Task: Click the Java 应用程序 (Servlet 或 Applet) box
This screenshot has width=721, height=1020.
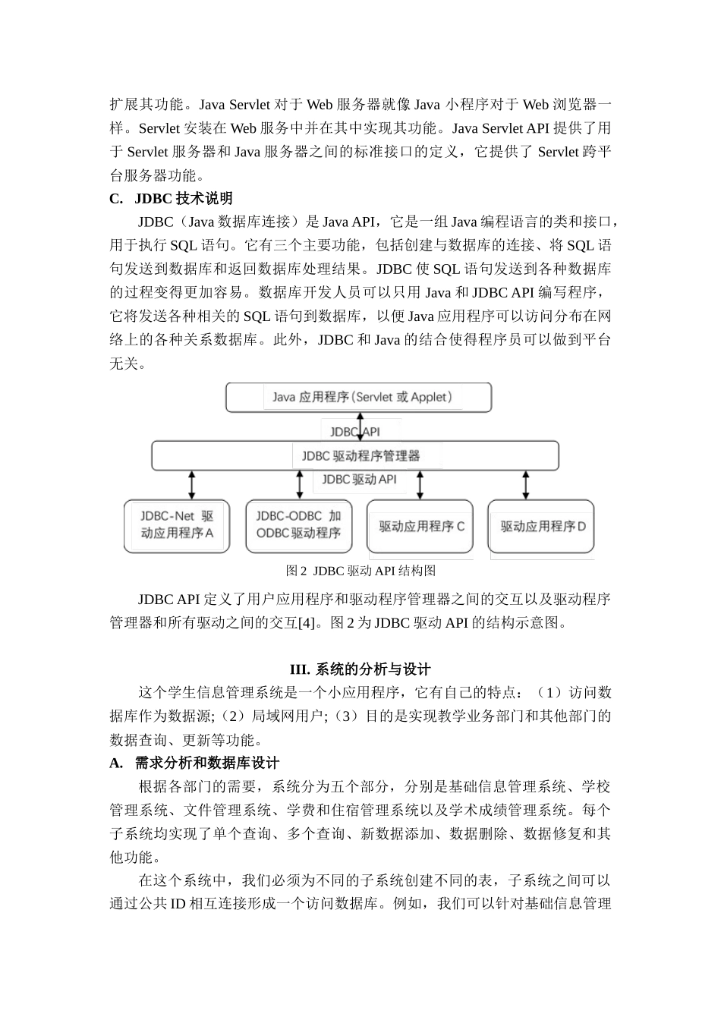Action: [x=359, y=397]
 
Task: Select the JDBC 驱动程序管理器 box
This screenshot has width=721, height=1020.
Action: [x=355, y=455]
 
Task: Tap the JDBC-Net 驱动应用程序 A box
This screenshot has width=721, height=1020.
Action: [x=177, y=525]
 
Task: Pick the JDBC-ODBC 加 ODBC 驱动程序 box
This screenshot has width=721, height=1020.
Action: [x=298, y=525]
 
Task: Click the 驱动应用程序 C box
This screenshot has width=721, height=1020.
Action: [x=420, y=526]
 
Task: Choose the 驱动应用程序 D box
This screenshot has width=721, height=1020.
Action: [x=540, y=526]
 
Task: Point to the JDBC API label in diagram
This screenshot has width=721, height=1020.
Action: [x=354, y=432]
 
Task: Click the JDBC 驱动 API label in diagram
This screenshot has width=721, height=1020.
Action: [x=359, y=480]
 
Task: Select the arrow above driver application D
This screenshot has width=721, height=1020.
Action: [x=525, y=484]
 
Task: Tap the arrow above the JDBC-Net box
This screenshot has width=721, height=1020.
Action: [x=192, y=484]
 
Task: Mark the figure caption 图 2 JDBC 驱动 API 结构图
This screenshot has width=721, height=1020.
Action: [x=360, y=571]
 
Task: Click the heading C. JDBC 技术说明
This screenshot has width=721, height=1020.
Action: [x=171, y=199]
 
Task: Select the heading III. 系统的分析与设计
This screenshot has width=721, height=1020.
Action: [x=360, y=669]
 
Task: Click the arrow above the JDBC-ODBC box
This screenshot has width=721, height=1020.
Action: [x=299, y=484]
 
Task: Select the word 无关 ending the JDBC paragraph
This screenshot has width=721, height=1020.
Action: [x=124, y=364]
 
